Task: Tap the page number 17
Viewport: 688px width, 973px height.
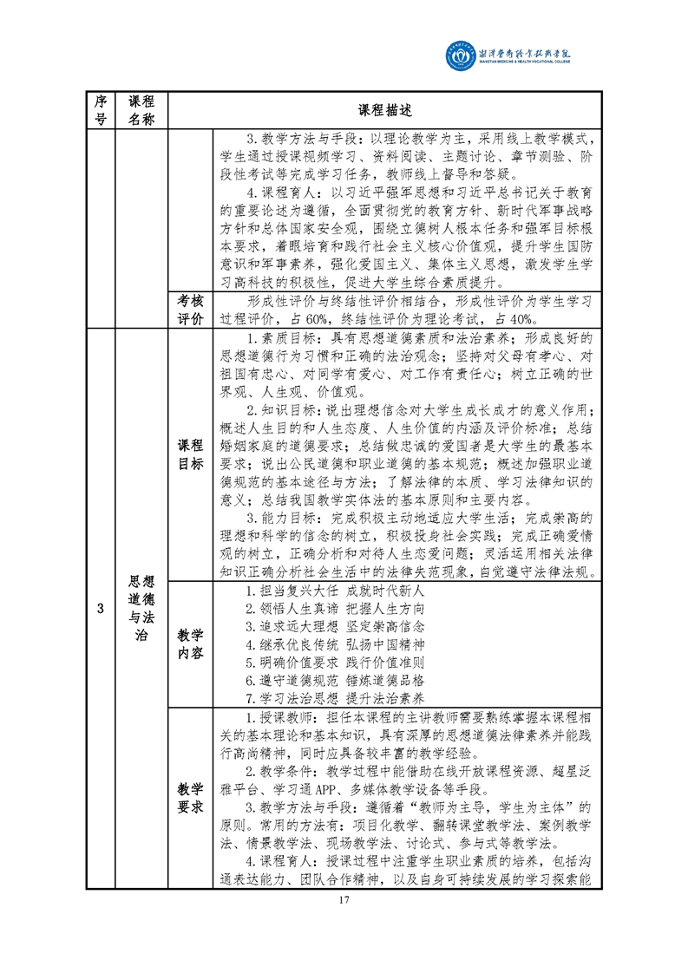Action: [344, 898]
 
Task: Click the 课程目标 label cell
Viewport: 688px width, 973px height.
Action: [190, 454]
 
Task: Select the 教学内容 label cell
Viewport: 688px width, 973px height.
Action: [190, 643]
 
